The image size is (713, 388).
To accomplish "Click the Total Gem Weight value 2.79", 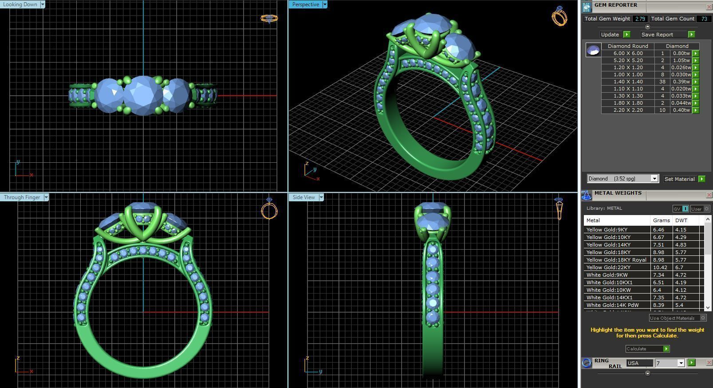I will [640, 19].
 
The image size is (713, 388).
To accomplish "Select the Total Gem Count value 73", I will [704, 19].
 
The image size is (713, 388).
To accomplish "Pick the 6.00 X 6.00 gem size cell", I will [628, 53].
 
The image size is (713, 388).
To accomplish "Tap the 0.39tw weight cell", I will [681, 82].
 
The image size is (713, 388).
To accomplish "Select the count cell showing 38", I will [662, 82].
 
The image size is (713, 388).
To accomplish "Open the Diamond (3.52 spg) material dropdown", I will [622, 179].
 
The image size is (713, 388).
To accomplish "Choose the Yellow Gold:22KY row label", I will [608, 267].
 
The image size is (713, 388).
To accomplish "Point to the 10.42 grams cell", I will [660, 267].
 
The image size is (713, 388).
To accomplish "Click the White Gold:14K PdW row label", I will [612, 305].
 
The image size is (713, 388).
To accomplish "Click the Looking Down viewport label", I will [20, 4].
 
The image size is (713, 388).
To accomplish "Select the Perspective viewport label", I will [305, 4].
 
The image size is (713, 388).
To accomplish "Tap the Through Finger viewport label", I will [22, 197].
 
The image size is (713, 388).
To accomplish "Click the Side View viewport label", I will [303, 197].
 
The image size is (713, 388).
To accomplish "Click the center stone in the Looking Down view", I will [143, 95].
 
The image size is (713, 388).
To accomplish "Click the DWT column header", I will [681, 220].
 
